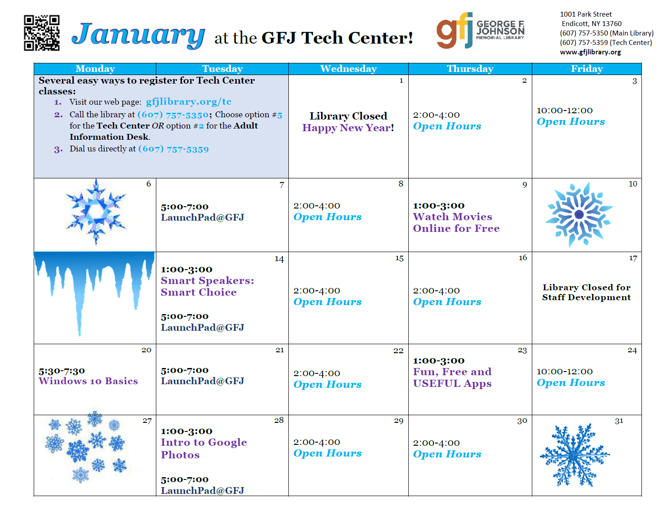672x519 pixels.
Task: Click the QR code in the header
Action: click(x=41, y=33)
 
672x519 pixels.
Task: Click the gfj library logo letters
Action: click(x=455, y=30)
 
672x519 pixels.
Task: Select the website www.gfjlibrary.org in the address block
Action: click(x=590, y=52)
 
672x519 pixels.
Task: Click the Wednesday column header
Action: click(x=349, y=69)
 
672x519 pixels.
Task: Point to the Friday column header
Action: click(x=587, y=69)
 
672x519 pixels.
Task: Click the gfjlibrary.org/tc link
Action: click(x=188, y=102)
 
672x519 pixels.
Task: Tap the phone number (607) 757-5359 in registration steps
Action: click(x=173, y=149)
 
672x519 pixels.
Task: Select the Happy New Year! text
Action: click(x=348, y=128)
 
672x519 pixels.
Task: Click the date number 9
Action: click(x=525, y=185)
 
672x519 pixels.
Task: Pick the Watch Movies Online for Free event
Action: click(x=456, y=222)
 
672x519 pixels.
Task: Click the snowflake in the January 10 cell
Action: click(x=579, y=214)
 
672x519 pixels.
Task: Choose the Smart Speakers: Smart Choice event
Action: click(x=207, y=286)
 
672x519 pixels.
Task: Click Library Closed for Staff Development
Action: click(x=586, y=292)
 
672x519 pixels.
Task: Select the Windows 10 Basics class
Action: click(x=88, y=381)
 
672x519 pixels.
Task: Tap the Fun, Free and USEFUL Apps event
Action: click(x=452, y=377)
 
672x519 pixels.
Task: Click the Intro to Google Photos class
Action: click(x=204, y=448)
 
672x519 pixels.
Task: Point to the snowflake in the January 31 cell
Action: click(x=575, y=455)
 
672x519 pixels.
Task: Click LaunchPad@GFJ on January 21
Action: click(x=203, y=381)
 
